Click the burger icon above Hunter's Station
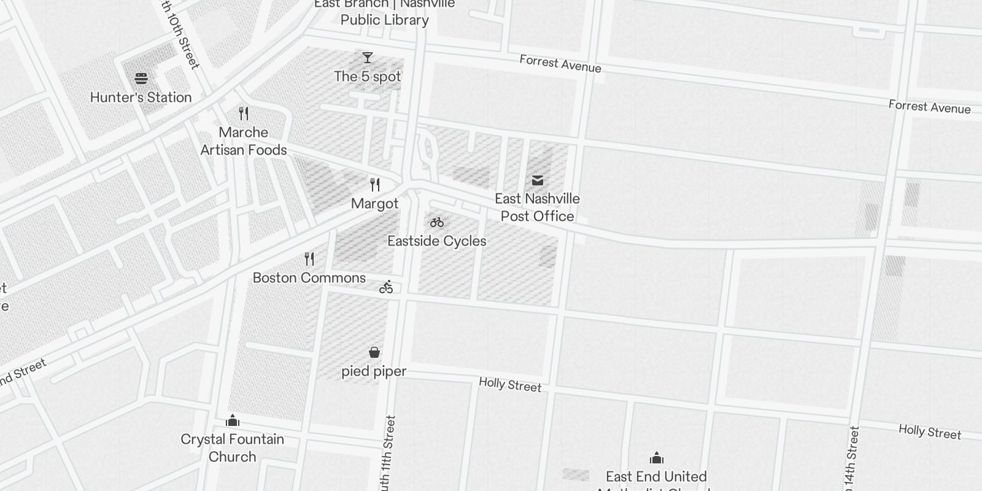point(141,79)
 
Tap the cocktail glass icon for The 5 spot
point(368,58)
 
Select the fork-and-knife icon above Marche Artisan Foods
point(244,114)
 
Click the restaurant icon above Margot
point(375,185)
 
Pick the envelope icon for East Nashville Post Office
point(538,180)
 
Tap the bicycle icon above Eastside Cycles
point(437,222)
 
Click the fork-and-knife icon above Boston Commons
point(309,259)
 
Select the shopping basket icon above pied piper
point(374,352)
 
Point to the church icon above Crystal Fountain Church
point(233,420)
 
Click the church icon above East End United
point(657,458)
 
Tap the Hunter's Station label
point(141,98)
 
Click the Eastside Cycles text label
point(437,241)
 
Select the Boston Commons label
point(309,278)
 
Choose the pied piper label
point(374,371)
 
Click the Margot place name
point(375,204)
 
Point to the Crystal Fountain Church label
point(233,447)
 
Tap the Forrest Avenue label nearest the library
point(560,63)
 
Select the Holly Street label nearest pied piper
point(510,385)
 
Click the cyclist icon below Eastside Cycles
point(386,287)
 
